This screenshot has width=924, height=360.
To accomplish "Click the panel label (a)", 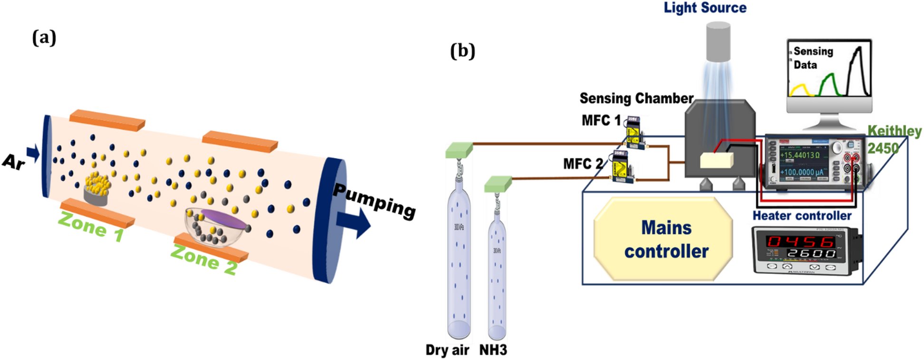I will point(44,37).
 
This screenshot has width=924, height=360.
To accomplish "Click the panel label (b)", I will point(462,50).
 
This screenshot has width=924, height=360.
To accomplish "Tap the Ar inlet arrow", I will point(33,153).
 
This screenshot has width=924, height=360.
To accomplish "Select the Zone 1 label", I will point(90,226).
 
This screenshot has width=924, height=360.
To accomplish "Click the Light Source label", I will point(704,8).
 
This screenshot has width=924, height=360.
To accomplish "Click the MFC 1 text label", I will point(601,120).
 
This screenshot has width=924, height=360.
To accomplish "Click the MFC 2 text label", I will point(582,164).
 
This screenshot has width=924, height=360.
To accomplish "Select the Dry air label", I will point(447,350).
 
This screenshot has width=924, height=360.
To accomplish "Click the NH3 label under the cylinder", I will point(493,350).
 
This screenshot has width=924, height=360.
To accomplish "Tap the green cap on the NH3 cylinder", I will point(498,184).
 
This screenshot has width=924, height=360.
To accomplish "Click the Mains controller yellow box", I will point(663,239).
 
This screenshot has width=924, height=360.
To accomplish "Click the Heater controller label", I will point(801,216).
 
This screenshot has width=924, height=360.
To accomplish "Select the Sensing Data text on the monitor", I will point(812,58).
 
